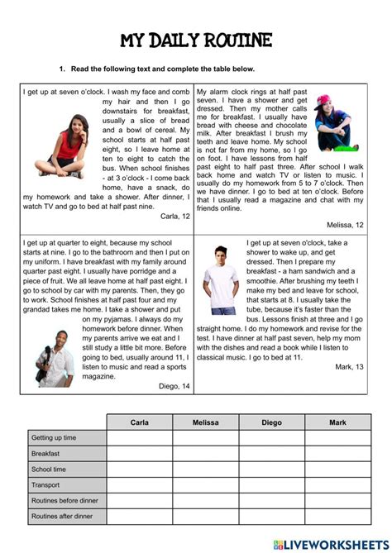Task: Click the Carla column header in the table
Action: (140, 422)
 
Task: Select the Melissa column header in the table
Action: (206, 422)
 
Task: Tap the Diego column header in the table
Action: (271, 422)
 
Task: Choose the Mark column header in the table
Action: (337, 422)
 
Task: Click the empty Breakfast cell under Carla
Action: (140, 454)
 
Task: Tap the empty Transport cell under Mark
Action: (337, 485)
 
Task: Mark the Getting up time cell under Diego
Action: (271, 438)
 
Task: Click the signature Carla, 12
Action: (174, 216)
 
